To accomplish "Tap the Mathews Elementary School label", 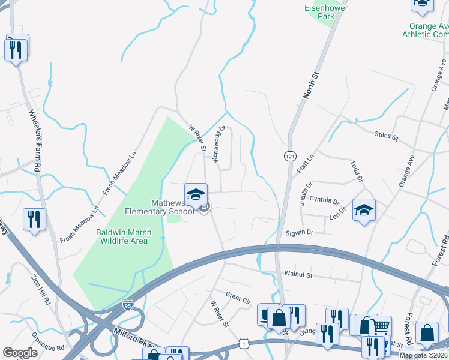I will [160, 206].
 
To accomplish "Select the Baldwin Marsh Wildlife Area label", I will [122, 236].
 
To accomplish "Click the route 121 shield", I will [289, 156].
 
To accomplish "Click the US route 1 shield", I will [243, 343].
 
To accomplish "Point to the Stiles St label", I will [386, 137].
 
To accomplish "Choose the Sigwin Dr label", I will [300, 232].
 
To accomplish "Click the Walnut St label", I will [299, 275].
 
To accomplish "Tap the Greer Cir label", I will [237, 296].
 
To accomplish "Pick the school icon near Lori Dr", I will [364, 209].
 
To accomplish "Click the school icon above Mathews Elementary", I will [196, 194].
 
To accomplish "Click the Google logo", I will [20, 353].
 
